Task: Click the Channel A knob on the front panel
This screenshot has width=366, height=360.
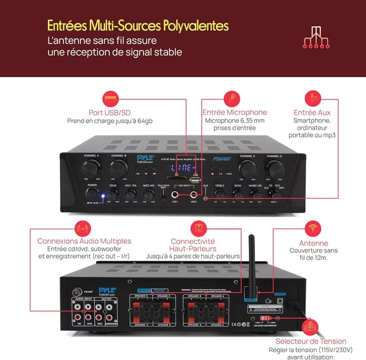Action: [90, 169]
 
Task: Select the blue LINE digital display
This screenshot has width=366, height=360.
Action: [183, 168]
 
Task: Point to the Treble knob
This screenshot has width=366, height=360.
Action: [220, 194]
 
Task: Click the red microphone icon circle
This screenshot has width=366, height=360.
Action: [231, 98]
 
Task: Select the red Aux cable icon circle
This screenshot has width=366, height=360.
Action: [312, 98]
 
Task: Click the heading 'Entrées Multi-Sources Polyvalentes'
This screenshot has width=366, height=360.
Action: [137, 26]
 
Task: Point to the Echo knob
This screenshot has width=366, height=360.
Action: [113, 194]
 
